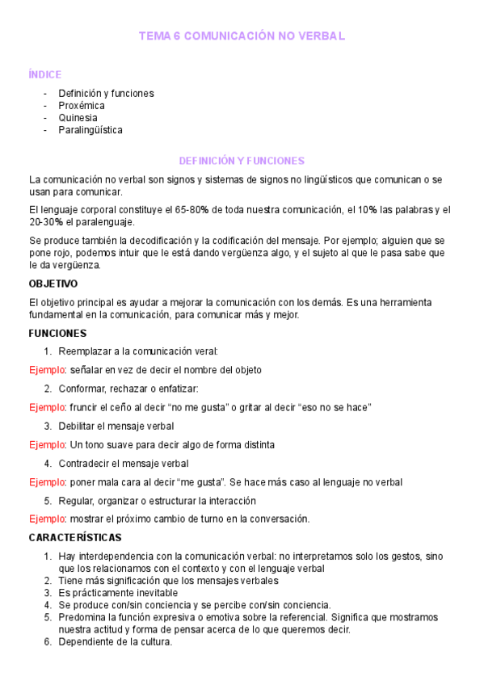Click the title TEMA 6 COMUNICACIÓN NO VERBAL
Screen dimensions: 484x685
click(x=242, y=36)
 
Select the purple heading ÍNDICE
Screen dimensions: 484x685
click(x=44, y=75)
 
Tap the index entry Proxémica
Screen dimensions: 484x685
click(x=82, y=105)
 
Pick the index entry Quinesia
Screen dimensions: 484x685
click(x=78, y=117)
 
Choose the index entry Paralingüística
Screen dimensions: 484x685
click(x=90, y=129)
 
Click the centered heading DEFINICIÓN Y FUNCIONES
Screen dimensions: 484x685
click(x=242, y=161)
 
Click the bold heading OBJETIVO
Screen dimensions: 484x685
click(x=53, y=284)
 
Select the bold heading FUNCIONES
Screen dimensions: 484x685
click(x=57, y=333)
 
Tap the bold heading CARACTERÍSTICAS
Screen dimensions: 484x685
click(x=74, y=537)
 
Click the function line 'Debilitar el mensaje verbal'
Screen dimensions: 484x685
click(x=116, y=426)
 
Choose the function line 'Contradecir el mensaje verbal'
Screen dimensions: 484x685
click(x=123, y=463)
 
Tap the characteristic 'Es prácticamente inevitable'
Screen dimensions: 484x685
click(x=120, y=593)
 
